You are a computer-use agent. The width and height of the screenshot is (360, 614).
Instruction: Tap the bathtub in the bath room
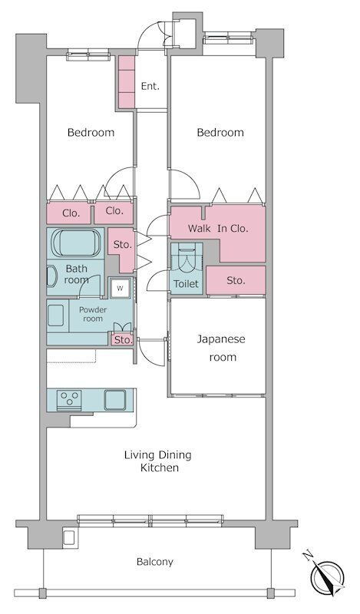coord(76,243)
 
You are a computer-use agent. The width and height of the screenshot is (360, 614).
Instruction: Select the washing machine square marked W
coord(120,289)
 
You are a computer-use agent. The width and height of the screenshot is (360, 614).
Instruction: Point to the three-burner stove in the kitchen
coord(69,400)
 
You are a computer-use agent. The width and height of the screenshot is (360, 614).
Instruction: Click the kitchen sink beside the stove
coord(115,400)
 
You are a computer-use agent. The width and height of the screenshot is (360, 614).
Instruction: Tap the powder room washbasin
coord(55,315)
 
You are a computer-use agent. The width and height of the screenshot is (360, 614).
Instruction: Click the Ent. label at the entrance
coord(150,86)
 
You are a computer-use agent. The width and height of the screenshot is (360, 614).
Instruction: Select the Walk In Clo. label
coord(218,228)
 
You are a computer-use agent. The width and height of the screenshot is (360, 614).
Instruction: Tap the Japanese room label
coord(221,348)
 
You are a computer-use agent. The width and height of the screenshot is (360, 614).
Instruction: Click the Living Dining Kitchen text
coord(158,461)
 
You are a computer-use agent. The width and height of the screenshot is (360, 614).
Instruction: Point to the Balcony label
coord(155,562)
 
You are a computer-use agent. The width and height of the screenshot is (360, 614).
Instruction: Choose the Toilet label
coord(186,283)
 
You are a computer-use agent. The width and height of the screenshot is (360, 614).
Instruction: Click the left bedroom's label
coord(91,132)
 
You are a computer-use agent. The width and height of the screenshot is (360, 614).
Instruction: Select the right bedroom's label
coord(220,132)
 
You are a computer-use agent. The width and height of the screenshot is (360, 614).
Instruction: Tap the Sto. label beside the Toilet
coord(236,280)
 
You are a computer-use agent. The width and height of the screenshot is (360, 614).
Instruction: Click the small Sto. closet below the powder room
coord(122,339)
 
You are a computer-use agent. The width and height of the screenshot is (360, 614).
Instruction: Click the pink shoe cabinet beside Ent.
coord(127,82)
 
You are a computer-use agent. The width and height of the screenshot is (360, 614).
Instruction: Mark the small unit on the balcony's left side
coord(69,536)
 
